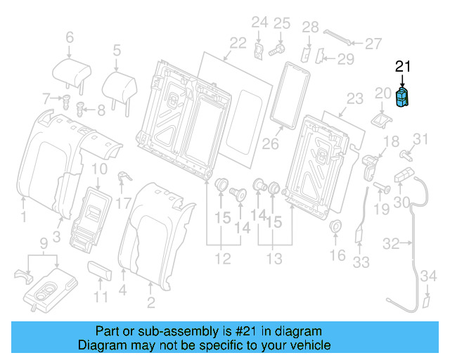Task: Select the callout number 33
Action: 361,262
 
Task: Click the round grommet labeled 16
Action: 336,227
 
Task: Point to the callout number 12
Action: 222,259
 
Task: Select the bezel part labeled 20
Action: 382,117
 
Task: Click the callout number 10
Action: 99,169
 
